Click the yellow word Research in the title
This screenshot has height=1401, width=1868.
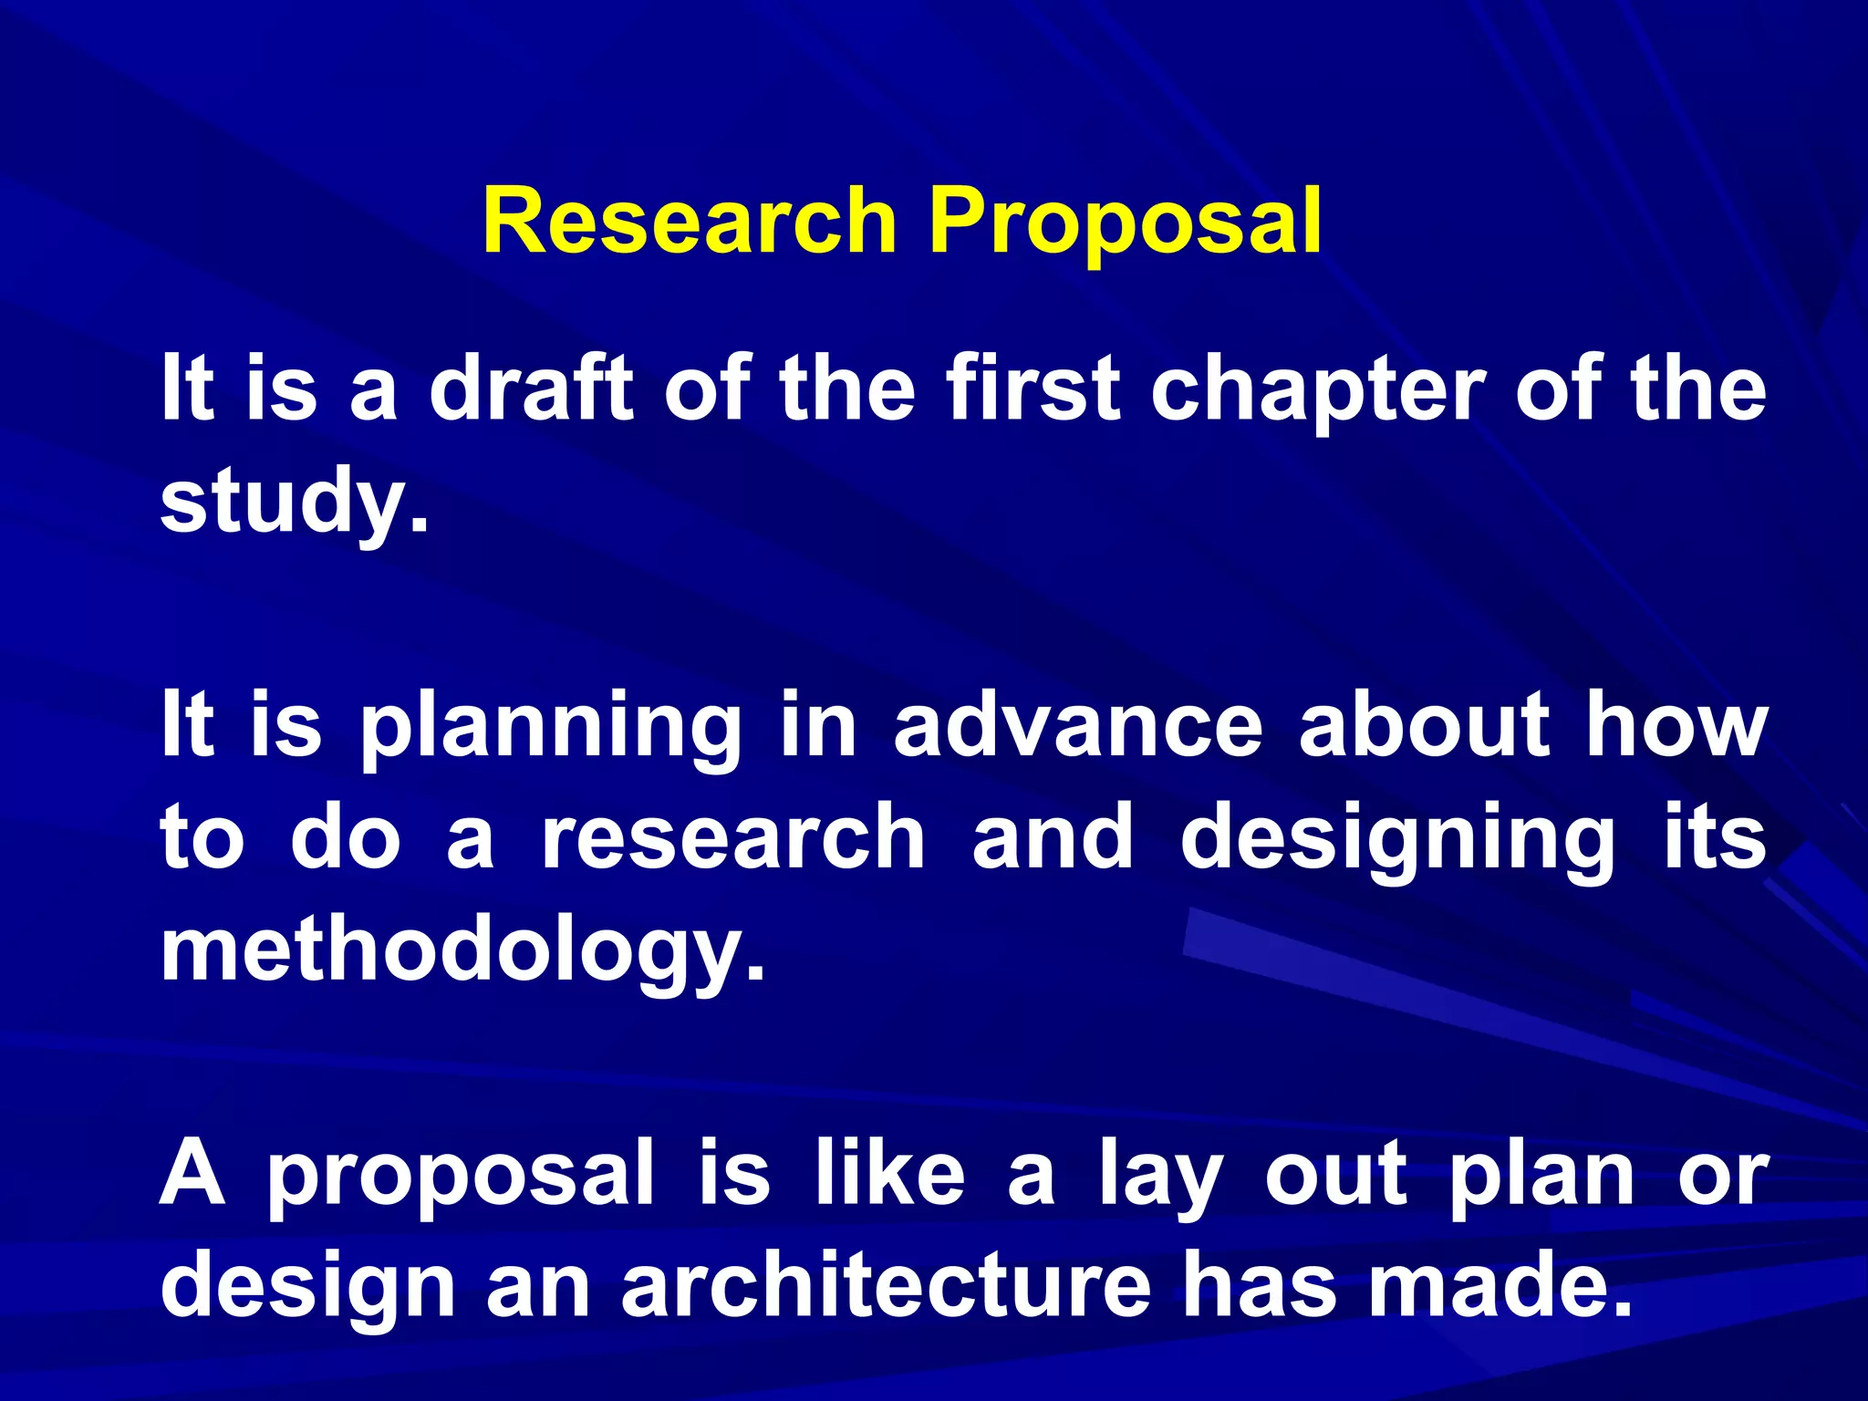690,222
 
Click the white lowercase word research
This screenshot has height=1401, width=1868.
733,837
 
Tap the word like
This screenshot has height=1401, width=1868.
889,1173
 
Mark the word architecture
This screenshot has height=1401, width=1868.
886,1285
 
